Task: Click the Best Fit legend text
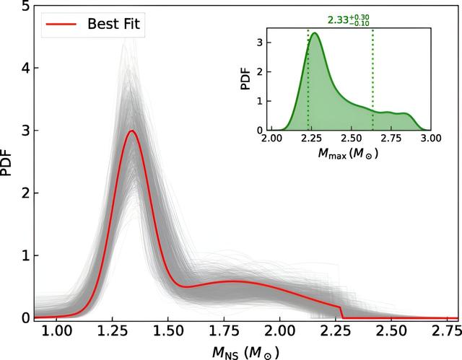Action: (x=116, y=25)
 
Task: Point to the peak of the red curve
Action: (x=131, y=131)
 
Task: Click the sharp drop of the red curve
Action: (x=341, y=312)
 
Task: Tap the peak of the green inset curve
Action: (x=315, y=33)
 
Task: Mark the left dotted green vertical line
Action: (x=308, y=79)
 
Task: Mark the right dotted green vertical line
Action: (x=372, y=79)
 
